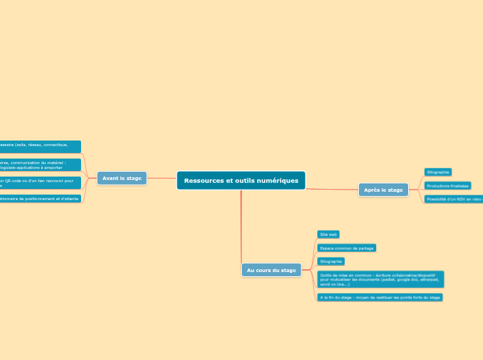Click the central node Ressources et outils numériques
(241, 181)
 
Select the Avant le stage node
(122, 178)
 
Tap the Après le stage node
(383, 190)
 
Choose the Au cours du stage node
(271, 270)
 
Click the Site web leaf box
(328, 235)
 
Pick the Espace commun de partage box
(346, 248)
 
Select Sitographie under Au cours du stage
(331, 261)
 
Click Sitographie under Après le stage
(438, 172)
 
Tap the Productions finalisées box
(448, 186)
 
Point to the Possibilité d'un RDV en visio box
(454, 199)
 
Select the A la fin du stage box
(379, 297)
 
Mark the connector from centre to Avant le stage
(161, 178)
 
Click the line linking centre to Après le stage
(331, 189)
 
